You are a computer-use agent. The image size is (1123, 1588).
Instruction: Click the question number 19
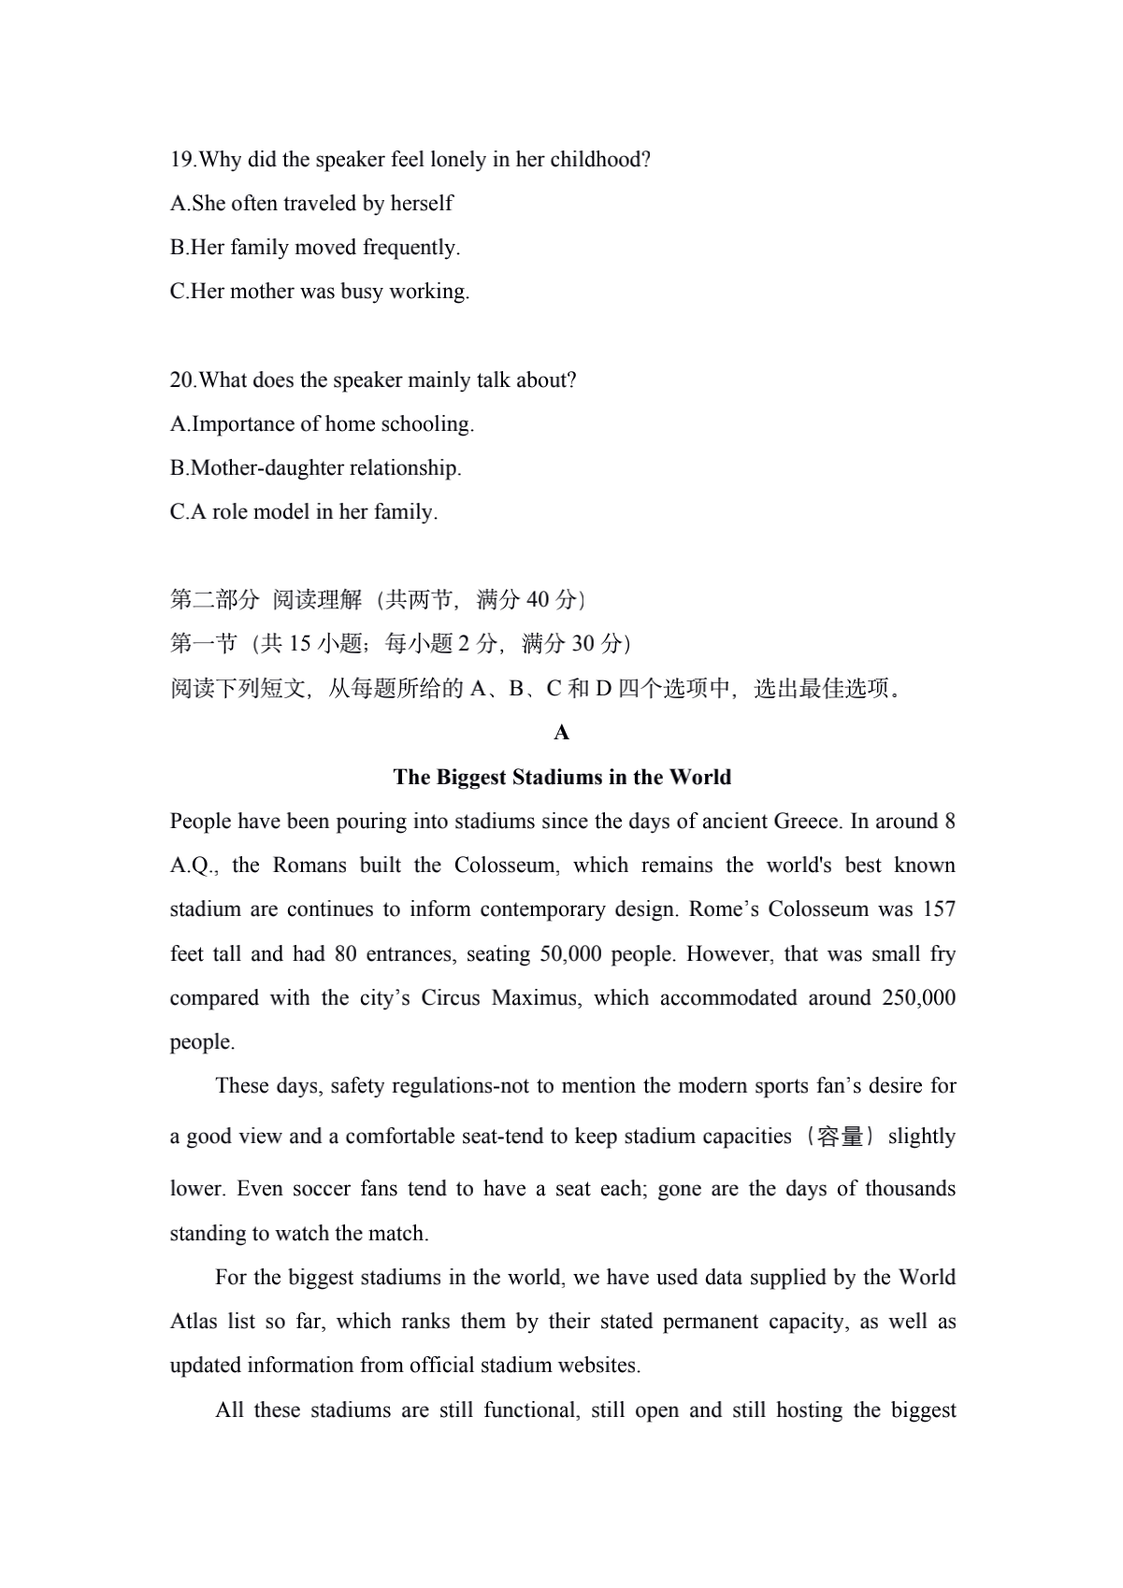click(x=181, y=160)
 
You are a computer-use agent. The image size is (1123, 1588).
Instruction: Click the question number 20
click(x=181, y=380)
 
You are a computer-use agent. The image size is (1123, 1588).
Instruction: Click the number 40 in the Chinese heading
click(x=539, y=600)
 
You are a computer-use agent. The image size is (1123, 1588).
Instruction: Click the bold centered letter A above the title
click(x=561, y=733)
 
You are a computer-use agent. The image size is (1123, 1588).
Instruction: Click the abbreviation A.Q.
click(x=193, y=866)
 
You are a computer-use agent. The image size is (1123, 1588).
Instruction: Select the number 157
click(x=938, y=909)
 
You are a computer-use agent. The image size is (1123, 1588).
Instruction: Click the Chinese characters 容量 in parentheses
click(x=839, y=1137)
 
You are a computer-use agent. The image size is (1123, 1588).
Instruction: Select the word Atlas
click(x=193, y=1322)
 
